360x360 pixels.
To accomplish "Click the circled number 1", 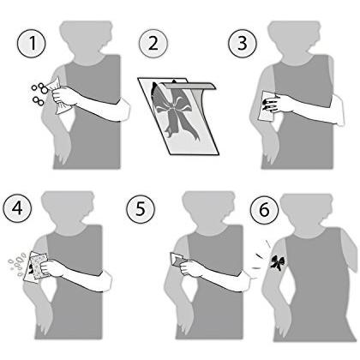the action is click(x=32, y=44).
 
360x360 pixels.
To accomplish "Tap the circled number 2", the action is click(x=153, y=44).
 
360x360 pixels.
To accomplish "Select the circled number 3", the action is click(x=243, y=44).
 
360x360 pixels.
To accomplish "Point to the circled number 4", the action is click(x=17, y=208).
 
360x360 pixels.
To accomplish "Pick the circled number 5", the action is click(x=141, y=208).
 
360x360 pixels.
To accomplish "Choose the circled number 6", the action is click(x=264, y=210).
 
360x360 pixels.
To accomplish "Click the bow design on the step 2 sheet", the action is click(x=175, y=112).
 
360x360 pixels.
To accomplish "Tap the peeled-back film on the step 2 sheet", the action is click(x=188, y=87).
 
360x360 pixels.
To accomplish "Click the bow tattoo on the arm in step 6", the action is click(x=277, y=263).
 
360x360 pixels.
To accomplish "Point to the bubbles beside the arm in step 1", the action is click(x=39, y=93).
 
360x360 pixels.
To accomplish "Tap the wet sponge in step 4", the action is click(x=39, y=266).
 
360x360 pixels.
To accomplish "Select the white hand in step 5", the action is click(x=189, y=268).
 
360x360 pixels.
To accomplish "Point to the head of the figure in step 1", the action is click(x=87, y=39).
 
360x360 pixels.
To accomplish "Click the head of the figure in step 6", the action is click(x=307, y=213).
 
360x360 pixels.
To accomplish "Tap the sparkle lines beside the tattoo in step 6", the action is click(x=261, y=255).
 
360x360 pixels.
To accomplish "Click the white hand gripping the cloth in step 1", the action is click(x=64, y=97).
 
